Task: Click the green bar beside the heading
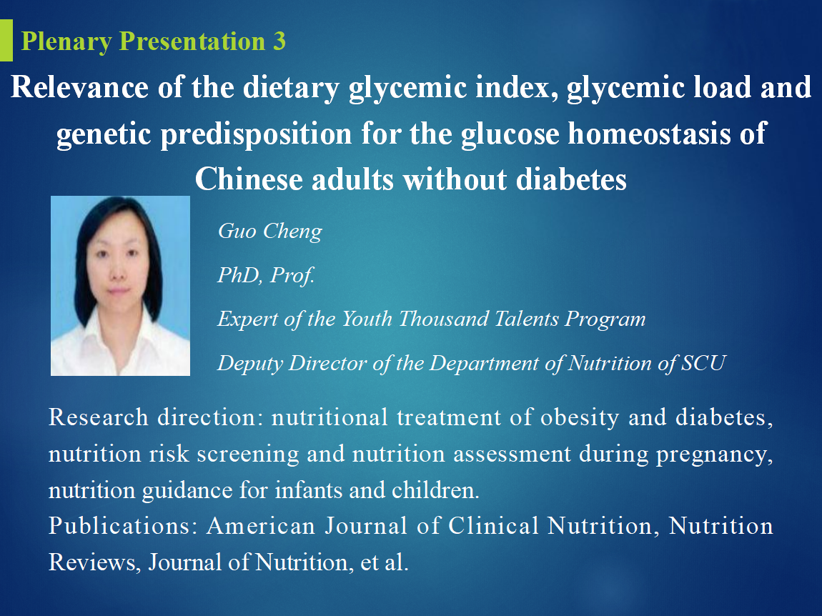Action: point(6,40)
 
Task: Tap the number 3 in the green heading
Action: point(279,41)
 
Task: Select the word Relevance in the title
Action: point(79,86)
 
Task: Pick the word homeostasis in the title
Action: point(650,133)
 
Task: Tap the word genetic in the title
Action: point(104,134)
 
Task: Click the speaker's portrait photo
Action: point(120,286)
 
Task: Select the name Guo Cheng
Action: point(270,232)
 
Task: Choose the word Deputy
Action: point(250,364)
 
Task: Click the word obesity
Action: point(580,418)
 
